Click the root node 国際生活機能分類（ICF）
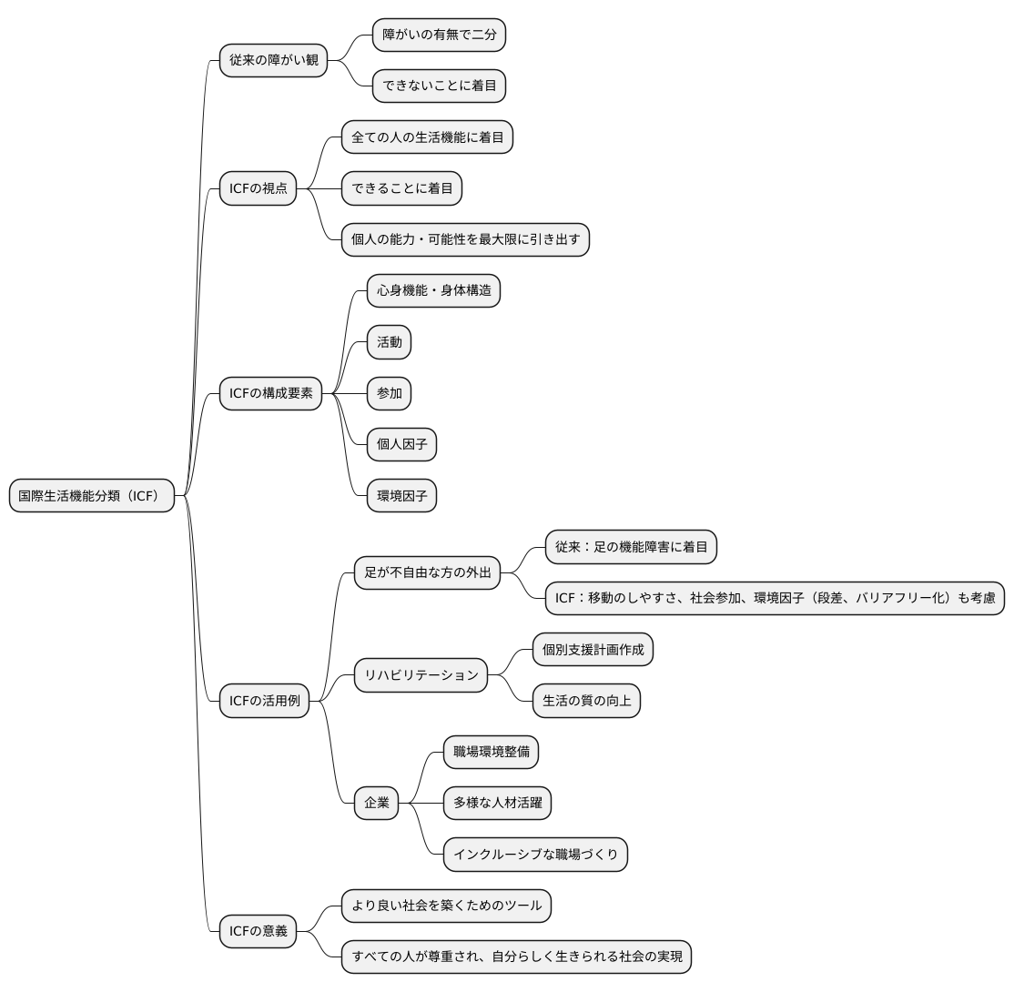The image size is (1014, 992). (x=92, y=496)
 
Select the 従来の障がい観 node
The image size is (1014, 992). (x=274, y=60)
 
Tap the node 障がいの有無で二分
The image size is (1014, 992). (x=439, y=35)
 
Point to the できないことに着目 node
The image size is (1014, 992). (x=439, y=86)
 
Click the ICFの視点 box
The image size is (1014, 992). (x=258, y=188)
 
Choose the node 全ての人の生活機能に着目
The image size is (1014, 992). (x=428, y=137)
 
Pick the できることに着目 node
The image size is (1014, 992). (x=401, y=188)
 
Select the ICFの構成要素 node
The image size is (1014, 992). (x=271, y=393)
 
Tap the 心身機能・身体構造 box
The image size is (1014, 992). (x=434, y=291)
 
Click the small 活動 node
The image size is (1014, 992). (x=390, y=342)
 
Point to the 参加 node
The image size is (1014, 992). (x=390, y=393)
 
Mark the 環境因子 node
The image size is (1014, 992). (x=401, y=496)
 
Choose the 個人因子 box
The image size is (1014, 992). (x=401, y=444)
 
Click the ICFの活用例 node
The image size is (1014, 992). (x=265, y=701)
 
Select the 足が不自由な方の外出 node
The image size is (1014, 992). (x=428, y=573)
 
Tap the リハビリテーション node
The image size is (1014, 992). (x=421, y=675)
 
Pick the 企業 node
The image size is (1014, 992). (x=376, y=804)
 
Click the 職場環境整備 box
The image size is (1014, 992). (x=491, y=752)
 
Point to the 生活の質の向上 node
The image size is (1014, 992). (x=586, y=701)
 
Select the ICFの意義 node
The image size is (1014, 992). (x=258, y=931)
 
